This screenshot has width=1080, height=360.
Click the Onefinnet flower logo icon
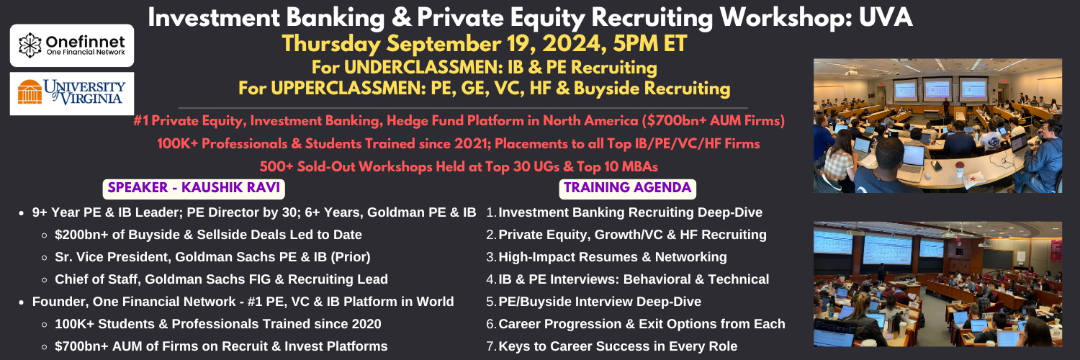30,45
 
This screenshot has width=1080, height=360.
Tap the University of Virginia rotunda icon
30,91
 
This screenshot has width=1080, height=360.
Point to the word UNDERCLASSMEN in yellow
415,68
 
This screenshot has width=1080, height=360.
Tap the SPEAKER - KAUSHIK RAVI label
194,187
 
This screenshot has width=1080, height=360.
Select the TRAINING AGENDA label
628,187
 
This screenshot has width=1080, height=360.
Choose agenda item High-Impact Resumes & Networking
612,257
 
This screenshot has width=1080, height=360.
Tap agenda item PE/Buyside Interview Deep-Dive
600,302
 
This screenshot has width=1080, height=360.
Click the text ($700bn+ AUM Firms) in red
713,120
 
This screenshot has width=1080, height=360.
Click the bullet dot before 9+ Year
21,213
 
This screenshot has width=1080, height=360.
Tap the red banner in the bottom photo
1056,251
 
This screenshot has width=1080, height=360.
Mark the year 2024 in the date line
575,43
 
